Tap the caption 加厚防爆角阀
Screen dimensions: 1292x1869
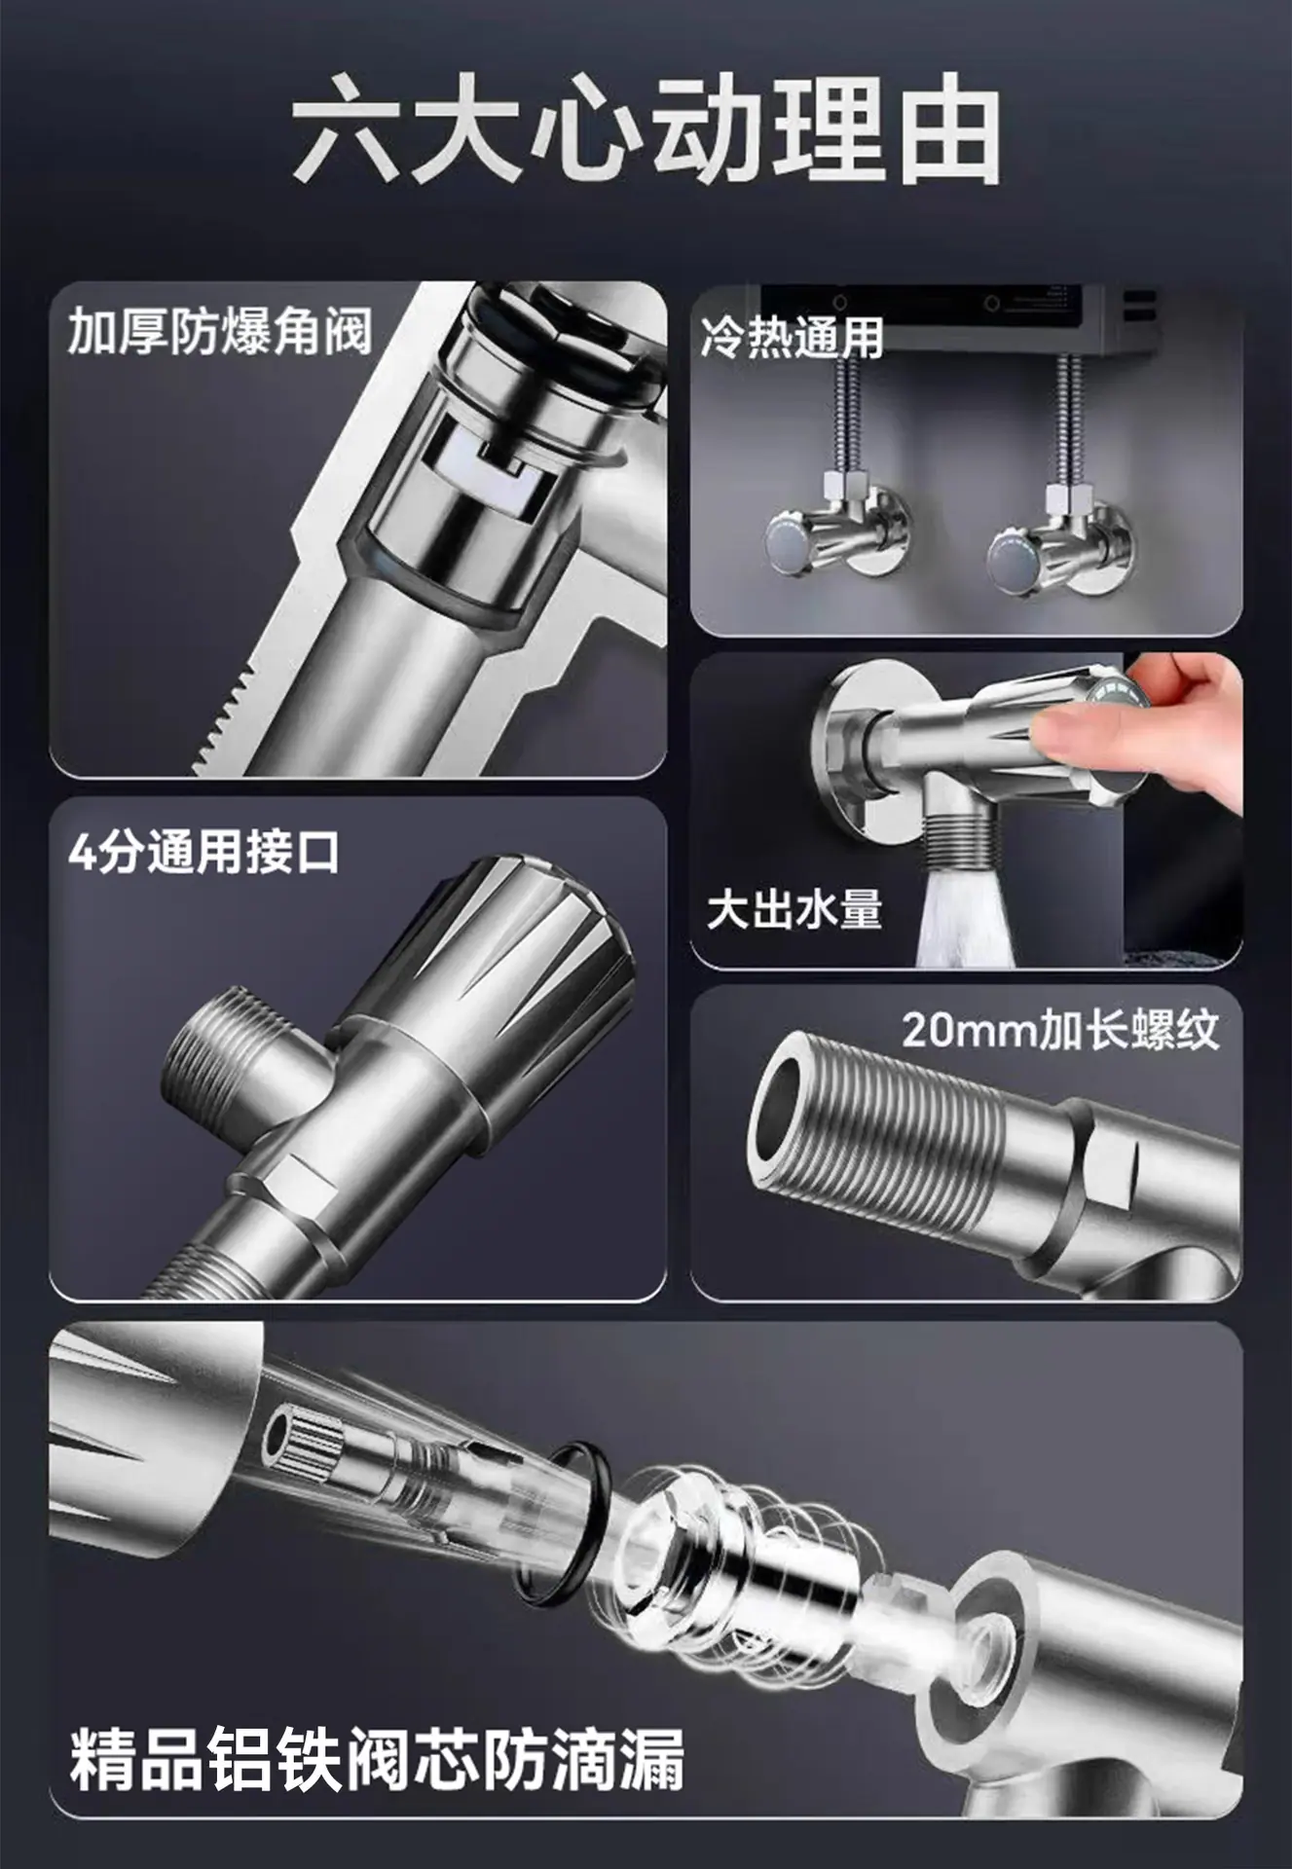pyautogui.click(x=220, y=332)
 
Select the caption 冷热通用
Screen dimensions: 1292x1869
pyautogui.click(x=792, y=338)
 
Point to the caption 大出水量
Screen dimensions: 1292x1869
pyautogui.click(x=794, y=911)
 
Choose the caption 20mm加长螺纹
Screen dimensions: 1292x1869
pyautogui.click(x=1060, y=1030)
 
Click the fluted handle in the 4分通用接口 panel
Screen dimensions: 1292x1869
pyautogui.click(x=492, y=963)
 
